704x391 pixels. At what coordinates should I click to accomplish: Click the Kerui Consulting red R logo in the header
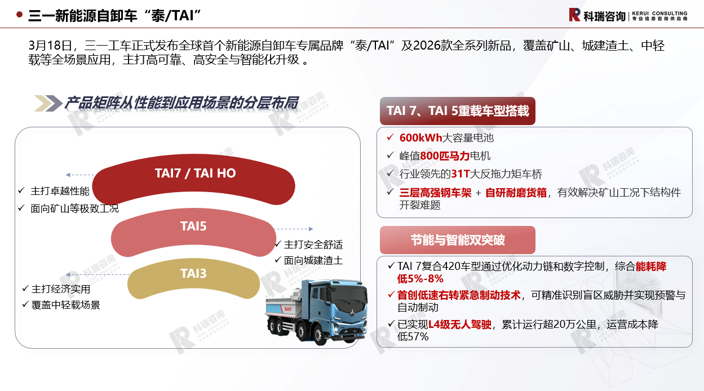point(574,15)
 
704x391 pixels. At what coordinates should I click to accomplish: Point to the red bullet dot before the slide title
point(20,15)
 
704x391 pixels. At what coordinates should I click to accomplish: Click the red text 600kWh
point(420,137)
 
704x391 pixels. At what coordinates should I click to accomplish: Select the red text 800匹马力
point(445,155)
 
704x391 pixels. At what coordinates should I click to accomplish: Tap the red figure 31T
point(461,174)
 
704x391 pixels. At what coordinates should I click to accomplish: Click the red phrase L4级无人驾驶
point(460,324)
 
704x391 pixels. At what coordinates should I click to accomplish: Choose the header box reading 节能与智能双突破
point(457,240)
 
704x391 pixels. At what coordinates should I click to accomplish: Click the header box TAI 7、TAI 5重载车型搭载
point(457,111)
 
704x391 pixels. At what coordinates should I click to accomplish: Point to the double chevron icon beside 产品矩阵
point(48,103)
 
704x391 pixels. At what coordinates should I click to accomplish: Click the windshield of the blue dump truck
point(350,297)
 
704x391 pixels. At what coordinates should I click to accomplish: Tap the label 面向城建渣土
point(313,260)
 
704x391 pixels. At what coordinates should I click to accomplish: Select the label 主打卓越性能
point(60,191)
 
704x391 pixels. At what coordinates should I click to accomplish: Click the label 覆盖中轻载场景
point(66,305)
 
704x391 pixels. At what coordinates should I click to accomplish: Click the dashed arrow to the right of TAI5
point(294,229)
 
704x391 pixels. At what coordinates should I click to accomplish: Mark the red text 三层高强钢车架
point(435,193)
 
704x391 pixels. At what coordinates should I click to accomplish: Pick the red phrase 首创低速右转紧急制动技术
point(459,295)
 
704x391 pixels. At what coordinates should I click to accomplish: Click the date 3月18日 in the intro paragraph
point(50,46)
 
